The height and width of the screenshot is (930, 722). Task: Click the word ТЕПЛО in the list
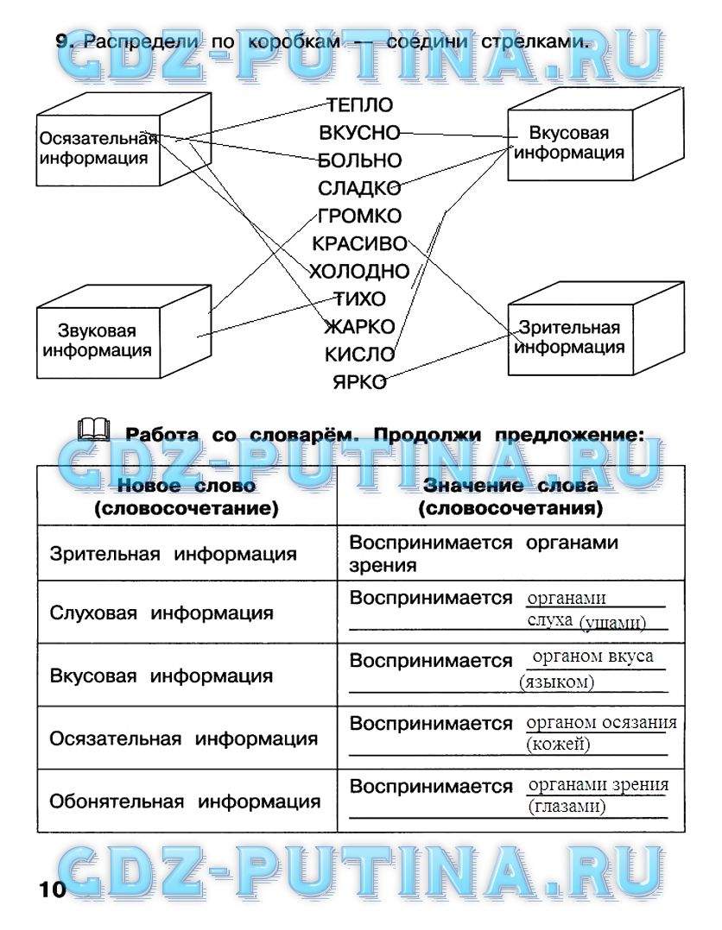[x=359, y=106]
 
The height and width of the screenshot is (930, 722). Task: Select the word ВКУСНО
[x=359, y=134]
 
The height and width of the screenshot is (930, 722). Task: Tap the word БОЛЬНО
[x=359, y=161]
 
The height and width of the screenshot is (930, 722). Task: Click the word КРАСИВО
[x=359, y=244]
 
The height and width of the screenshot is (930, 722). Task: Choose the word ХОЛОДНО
[x=359, y=272]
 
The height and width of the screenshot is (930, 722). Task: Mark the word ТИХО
[x=359, y=299]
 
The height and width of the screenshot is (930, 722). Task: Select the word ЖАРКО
[x=359, y=327]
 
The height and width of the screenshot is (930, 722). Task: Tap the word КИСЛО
[x=359, y=355]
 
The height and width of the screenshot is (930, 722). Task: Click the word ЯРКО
[x=359, y=382]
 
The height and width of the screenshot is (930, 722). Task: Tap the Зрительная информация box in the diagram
[x=569, y=337]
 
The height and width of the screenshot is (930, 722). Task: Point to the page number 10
[x=52, y=889]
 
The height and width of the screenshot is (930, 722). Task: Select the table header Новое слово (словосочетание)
[x=187, y=498]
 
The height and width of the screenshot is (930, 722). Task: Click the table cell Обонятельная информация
[x=185, y=801]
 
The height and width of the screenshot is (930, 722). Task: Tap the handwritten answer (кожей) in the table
[x=558, y=744]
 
